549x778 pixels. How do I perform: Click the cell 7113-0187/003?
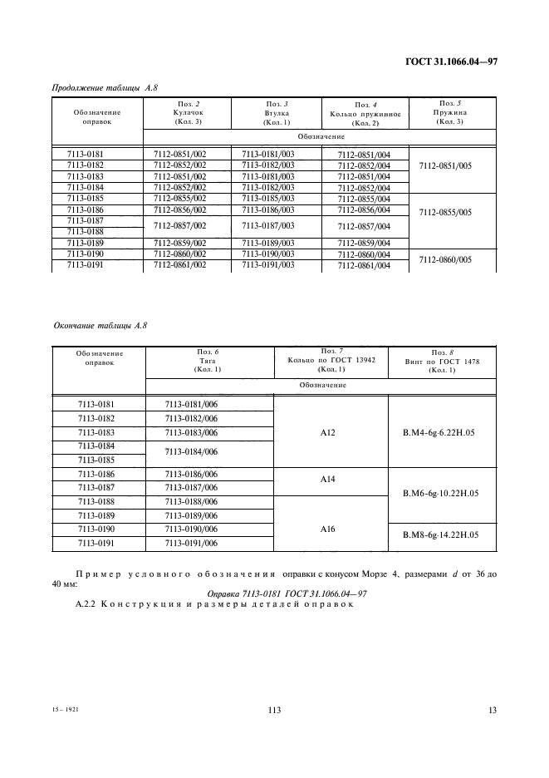click(x=267, y=226)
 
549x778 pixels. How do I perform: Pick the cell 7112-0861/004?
click(x=364, y=266)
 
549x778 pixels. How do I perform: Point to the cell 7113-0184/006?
click(x=192, y=452)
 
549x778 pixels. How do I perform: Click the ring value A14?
click(x=329, y=480)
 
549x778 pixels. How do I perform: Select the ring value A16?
click(x=329, y=528)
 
